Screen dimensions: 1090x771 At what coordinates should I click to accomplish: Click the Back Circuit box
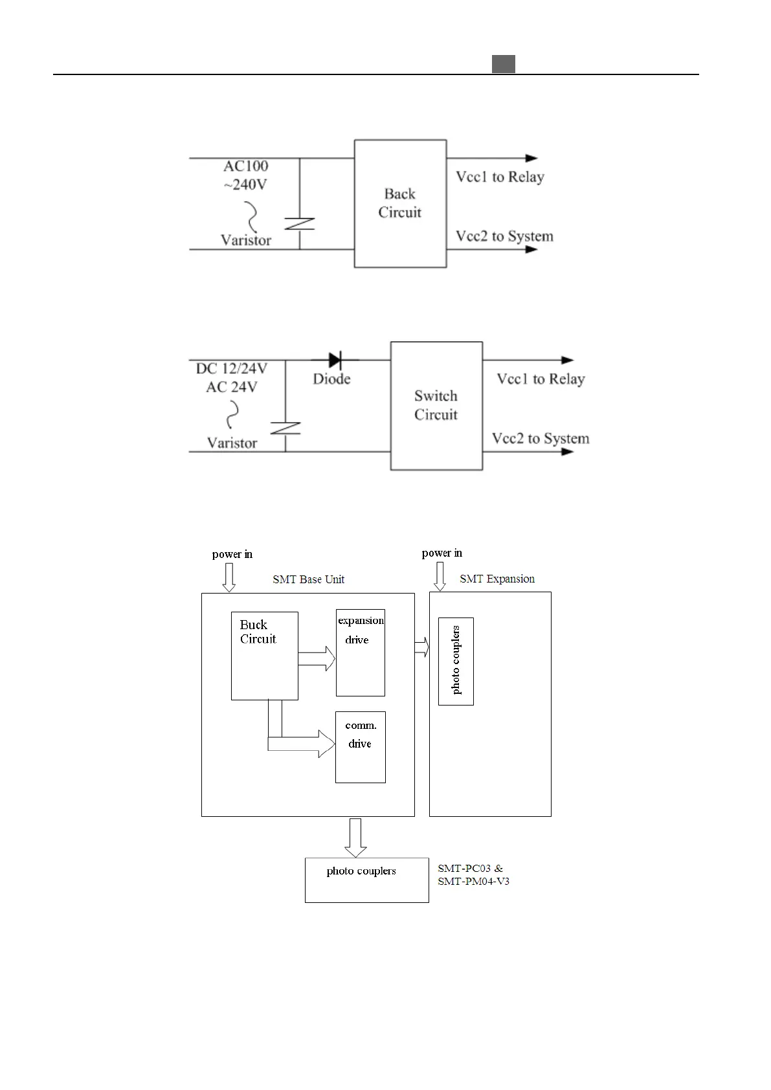click(x=400, y=203)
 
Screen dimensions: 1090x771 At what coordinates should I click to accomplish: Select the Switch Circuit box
click(x=436, y=406)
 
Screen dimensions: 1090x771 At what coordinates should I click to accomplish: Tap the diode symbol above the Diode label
click(x=335, y=360)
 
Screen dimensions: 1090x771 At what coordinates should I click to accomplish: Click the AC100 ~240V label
click(x=245, y=175)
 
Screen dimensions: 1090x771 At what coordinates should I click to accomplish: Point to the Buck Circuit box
click(x=264, y=655)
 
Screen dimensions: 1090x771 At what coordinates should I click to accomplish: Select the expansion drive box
click(x=360, y=652)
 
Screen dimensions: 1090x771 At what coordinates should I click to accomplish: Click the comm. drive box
click(x=360, y=747)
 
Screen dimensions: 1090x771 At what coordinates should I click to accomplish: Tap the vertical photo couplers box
click(x=456, y=661)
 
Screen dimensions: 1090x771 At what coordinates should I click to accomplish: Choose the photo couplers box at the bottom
click(x=366, y=880)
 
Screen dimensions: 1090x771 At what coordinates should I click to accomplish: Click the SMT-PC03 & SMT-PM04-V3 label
click(x=473, y=874)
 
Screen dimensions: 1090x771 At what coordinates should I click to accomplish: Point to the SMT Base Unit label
click(x=308, y=579)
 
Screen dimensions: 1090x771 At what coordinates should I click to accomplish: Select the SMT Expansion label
click(x=497, y=579)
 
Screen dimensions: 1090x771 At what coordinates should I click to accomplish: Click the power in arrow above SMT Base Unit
click(x=229, y=577)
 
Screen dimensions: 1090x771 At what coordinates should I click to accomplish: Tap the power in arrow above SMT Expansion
click(x=440, y=576)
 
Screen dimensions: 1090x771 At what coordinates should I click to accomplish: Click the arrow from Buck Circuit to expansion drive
click(x=317, y=659)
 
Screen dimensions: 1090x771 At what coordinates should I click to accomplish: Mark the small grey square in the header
click(x=503, y=64)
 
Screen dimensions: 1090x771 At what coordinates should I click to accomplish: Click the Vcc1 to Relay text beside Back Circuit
click(x=500, y=177)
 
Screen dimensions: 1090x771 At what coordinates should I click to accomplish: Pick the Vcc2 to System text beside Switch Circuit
click(x=541, y=438)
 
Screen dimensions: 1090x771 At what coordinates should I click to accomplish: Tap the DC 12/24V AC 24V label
click(x=231, y=377)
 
